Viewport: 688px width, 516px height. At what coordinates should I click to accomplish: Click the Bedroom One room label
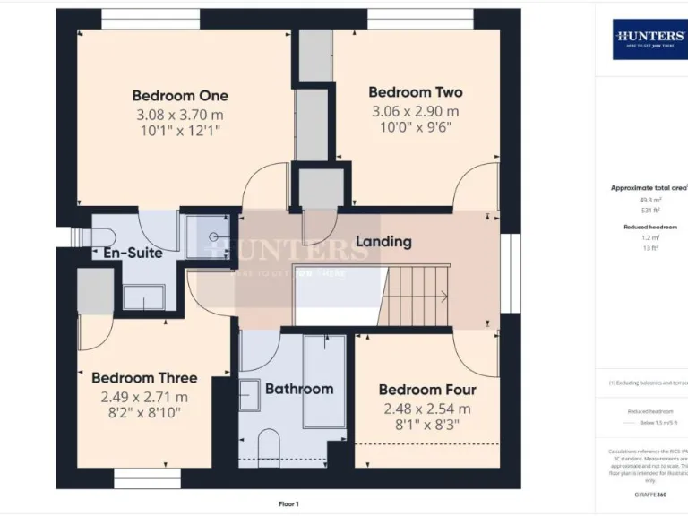click(x=180, y=96)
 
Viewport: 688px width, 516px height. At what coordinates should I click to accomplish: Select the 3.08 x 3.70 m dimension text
click(x=180, y=115)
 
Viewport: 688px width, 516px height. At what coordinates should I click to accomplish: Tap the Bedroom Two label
click(x=415, y=92)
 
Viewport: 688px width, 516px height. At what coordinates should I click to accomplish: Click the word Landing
click(x=383, y=241)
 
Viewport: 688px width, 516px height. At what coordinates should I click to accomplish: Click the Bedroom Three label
click(x=144, y=378)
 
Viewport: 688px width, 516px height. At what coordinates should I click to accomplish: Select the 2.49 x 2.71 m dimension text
click(x=144, y=397)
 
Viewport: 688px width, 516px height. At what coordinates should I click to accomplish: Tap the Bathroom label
click(x=299, y=389)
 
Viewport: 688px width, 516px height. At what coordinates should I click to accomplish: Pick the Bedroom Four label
click(x=427, y=390)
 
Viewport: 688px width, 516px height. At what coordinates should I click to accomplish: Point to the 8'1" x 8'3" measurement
click(x=427, y=426)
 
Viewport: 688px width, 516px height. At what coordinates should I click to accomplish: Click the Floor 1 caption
click(x=288, y=504)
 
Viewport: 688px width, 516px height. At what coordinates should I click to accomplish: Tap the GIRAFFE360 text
click(x=649, y=494)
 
